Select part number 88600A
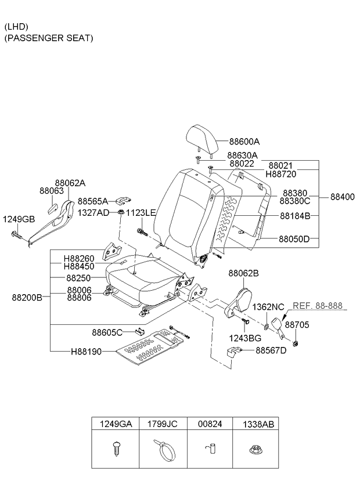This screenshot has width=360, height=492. pos(244,142)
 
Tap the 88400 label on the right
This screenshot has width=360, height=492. pos(343,197)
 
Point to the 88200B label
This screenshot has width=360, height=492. pos(27,297)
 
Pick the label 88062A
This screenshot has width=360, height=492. pos(70,183)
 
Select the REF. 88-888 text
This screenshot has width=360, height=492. pos(318,305)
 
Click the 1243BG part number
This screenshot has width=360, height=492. pos(245,338)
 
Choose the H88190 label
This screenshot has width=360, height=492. pos(86,352)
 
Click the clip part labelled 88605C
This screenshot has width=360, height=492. pos(139,331)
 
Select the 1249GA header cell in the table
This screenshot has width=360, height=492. pos(116,424)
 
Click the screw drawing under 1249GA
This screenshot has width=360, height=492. pos(116,448)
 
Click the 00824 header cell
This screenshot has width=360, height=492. pos(210,424)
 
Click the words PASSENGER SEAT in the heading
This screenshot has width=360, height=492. pos(49,38)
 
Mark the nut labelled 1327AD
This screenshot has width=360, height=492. pos(121,212)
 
